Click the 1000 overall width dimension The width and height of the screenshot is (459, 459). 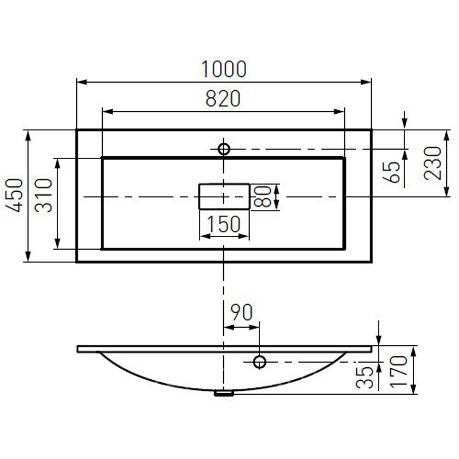[x=224, y=69]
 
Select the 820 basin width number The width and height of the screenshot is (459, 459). [x=223, y=98]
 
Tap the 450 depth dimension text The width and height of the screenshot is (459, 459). [x=14, y=195]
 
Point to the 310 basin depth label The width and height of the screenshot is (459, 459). [x=44, y=195]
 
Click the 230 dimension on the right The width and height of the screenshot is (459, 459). [x=433, y=163]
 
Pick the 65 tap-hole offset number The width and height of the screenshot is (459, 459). [x=391, y=172]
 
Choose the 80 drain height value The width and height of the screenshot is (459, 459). [x=262, y=196]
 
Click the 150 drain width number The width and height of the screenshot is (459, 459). [x=224, y=224]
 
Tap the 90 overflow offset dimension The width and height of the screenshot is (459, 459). [x=242, y=312]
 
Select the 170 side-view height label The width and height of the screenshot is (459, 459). [x=399, y=372]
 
